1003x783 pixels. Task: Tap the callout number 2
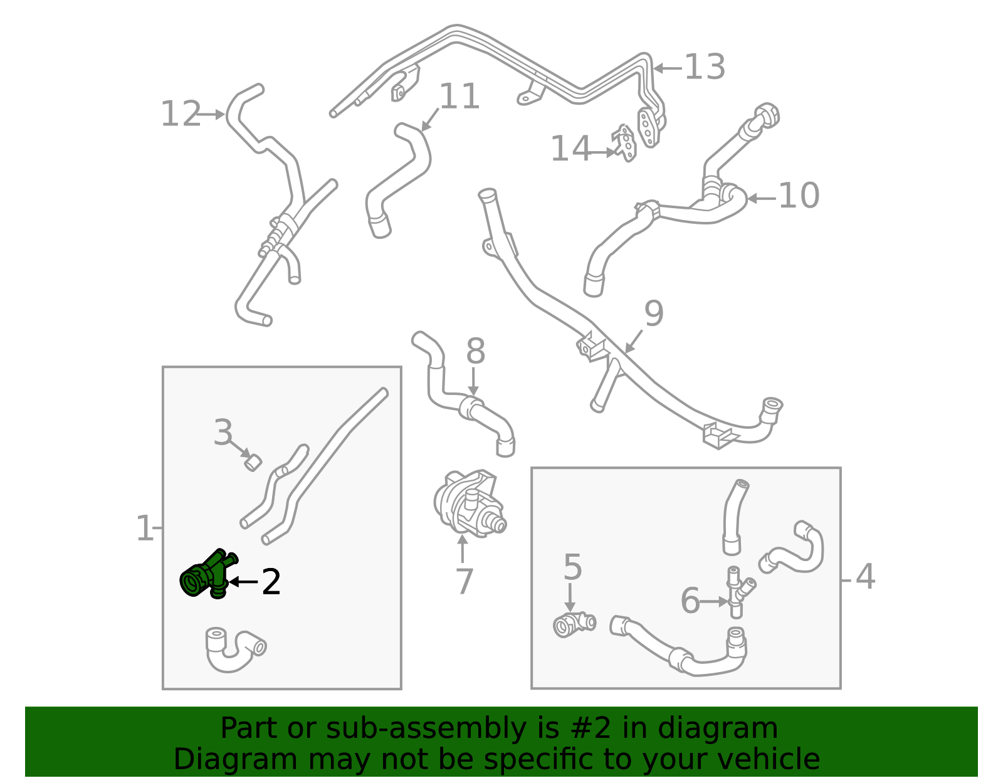(x=271, y=582)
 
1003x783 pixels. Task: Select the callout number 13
(x=705, y=67)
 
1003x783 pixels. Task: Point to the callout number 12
(x=181, y=114)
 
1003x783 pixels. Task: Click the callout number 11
(x=459, y=97)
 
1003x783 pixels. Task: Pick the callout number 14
(x=570, y=149)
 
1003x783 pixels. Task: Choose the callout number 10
(x=799, y=196)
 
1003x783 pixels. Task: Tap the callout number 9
(x=654, y=313)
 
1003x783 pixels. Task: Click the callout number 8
(x=475, y=351)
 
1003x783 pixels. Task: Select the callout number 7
(x=465, y=582)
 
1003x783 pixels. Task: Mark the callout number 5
(x=572, y=567)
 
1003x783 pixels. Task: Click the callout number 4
(x=866, y=577)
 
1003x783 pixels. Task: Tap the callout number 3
(x=223, y=433)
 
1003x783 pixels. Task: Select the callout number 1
(x=144, y=528)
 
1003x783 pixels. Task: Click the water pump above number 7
(x=469, y=504)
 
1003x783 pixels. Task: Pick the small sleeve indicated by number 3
(x=253, y=463)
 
